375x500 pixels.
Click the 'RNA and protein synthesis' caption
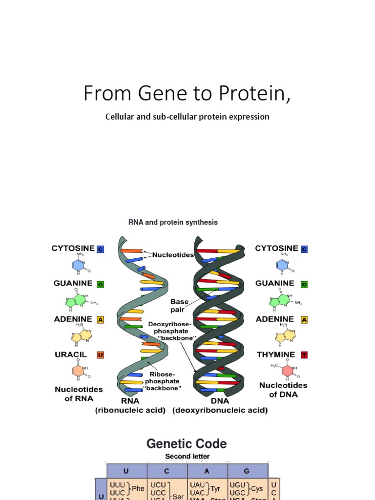173,222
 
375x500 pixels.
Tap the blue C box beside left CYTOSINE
101,249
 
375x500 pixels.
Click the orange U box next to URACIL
101,355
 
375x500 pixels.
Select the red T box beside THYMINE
304,355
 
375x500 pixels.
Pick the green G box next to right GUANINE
304,284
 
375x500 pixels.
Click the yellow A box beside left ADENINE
101,320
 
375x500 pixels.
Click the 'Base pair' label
179,306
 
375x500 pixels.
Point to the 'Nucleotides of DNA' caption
283,390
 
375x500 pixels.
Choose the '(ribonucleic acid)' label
130,411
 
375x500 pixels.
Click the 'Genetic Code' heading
187,444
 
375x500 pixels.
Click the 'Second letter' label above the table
187,457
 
